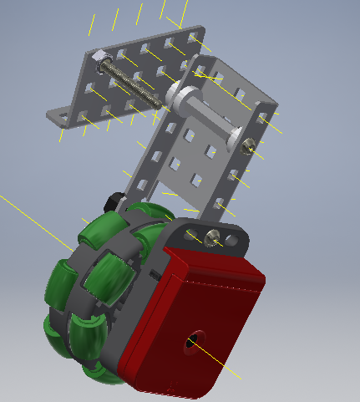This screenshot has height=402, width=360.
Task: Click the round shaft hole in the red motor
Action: click(191, 340)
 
